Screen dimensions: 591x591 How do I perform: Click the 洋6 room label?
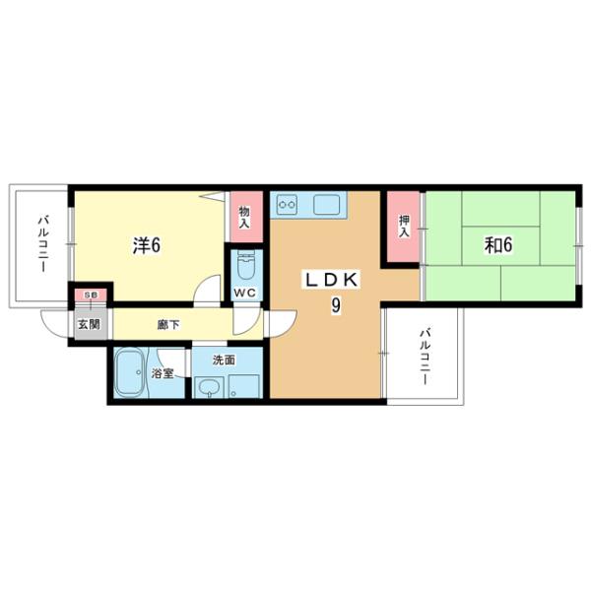coord(148,245)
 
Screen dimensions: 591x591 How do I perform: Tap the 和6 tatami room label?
coord(498,245)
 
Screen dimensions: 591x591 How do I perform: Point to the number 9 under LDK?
coord(335,306)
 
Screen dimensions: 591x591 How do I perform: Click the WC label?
coord(245,294)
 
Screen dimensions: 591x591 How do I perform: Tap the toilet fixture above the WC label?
coord(246,265)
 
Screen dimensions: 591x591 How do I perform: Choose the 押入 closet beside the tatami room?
coord(403,228)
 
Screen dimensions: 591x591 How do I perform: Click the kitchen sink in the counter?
coord(327,205)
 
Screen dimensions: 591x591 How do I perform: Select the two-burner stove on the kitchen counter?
coord(289,205)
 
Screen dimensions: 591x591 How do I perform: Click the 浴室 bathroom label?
coord(163,375)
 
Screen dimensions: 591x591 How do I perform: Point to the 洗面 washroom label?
coord(225,361)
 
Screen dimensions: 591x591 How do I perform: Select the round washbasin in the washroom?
coord(207,386)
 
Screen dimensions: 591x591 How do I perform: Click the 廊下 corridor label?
coord(167,323)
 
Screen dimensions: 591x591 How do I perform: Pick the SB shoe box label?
coord(90,295)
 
